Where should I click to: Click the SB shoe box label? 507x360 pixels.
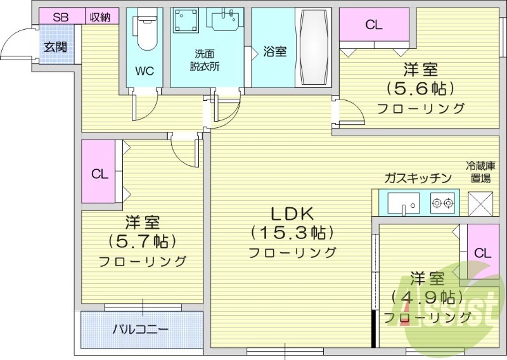click(60, 17)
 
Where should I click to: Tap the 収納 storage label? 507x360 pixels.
click(99, 17)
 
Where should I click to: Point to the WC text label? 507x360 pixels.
click(144, 70)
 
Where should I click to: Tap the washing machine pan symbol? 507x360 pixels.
click(186, 25)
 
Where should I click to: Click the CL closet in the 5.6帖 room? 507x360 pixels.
click(374, 25)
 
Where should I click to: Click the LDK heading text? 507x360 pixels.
click(292, 214)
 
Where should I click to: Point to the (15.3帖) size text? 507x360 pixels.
click(292, 233)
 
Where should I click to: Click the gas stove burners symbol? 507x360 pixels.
click(442, 203)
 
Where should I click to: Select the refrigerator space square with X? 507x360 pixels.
click(480, 203)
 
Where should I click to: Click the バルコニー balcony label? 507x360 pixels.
click(141, 330)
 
